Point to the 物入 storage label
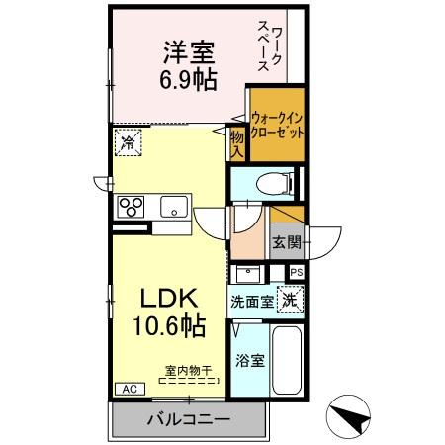pos(237,140)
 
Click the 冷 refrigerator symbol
pos(127,143)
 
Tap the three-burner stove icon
pos(132,206)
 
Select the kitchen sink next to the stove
pos(175,206)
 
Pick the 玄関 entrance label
pos(285,242)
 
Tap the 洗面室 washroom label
pos(251,302)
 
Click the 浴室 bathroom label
pos(249,361)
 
